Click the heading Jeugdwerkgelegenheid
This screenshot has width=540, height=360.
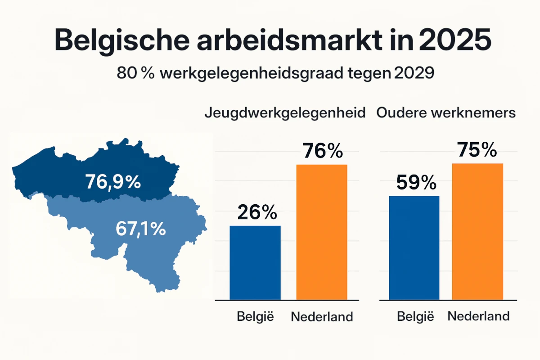(x=284, y=113)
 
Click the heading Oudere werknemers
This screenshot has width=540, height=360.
(x=446, y=113)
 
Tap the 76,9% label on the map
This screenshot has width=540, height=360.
(x=112, y=182)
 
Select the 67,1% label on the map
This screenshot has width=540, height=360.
(x=140, y=229)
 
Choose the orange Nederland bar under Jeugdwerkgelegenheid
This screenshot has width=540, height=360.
(x=322, y=232)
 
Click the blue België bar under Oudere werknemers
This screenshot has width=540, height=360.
(x=414, y=247)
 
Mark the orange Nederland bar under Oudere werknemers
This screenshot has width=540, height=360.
(x=477, y=231)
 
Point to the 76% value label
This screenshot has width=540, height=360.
(x=323, y=151)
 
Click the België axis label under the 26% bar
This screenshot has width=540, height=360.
(x=255, y=316)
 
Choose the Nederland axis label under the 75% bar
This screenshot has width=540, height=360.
(x=478, y=316)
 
